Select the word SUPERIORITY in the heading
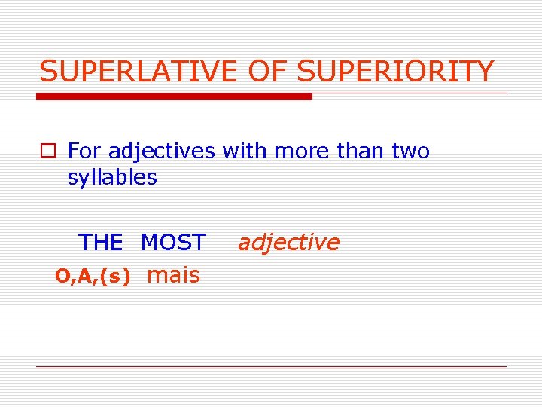(396, 72)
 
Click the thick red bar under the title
(175, 96)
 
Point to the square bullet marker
(49, 151)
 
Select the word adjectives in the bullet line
(162, 151)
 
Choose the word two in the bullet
(411, 151)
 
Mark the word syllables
(112, 178)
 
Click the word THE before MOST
(100, 243)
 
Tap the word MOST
(173, 243)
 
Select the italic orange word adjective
(288, 243)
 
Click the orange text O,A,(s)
(93, 277)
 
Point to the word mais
(174, 275)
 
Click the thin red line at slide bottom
(271, 366)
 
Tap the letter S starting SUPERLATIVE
(48, 72)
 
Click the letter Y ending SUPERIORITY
(484, 72)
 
